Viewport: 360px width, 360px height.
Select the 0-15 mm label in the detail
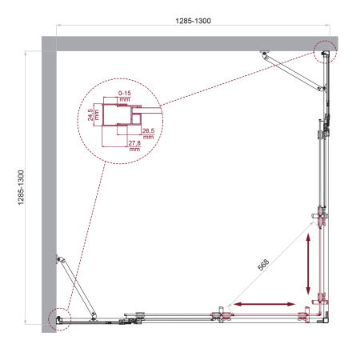tap(125, 96)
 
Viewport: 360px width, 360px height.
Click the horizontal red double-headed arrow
tap(262, 304)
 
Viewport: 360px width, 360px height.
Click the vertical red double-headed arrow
tap(307, 266)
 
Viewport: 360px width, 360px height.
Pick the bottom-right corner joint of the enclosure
tap(325, 320)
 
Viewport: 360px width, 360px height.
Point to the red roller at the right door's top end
tap(321, 216)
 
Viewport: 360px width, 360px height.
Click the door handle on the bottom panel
tap(132, 321)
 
